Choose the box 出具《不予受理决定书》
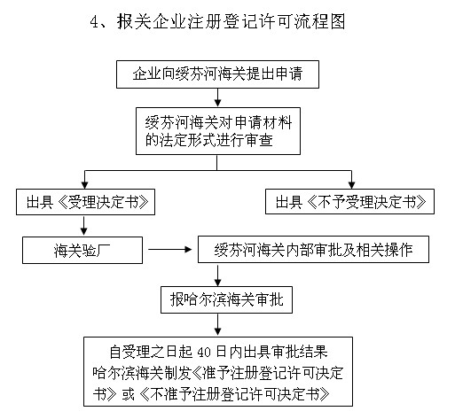point(351,202)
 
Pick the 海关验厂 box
point(79,250)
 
